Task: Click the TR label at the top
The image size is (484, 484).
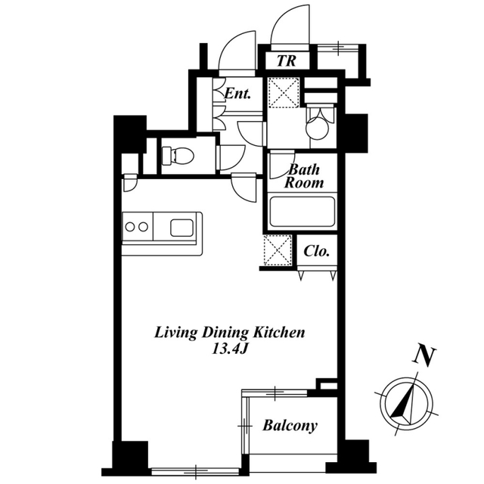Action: click(287, 60)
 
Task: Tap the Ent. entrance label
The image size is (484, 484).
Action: click(237, 93)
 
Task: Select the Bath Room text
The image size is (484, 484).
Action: click(304, 176)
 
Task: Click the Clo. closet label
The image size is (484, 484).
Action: click(317, 251)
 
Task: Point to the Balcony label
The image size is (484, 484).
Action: click(290, 425)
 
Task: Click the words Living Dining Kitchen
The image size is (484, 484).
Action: click(229, 333)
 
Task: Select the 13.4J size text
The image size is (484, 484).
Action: click(230, 349)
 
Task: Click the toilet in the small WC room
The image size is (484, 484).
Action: click(178, 155)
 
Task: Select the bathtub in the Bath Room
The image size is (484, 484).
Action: click(302, 212)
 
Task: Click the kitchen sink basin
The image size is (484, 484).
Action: click(181, 228)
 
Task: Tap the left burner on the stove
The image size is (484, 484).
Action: click(130, 227)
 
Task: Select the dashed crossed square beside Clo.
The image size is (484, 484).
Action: click(278, 250)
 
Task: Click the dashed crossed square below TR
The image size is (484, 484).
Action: click(284, 92)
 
